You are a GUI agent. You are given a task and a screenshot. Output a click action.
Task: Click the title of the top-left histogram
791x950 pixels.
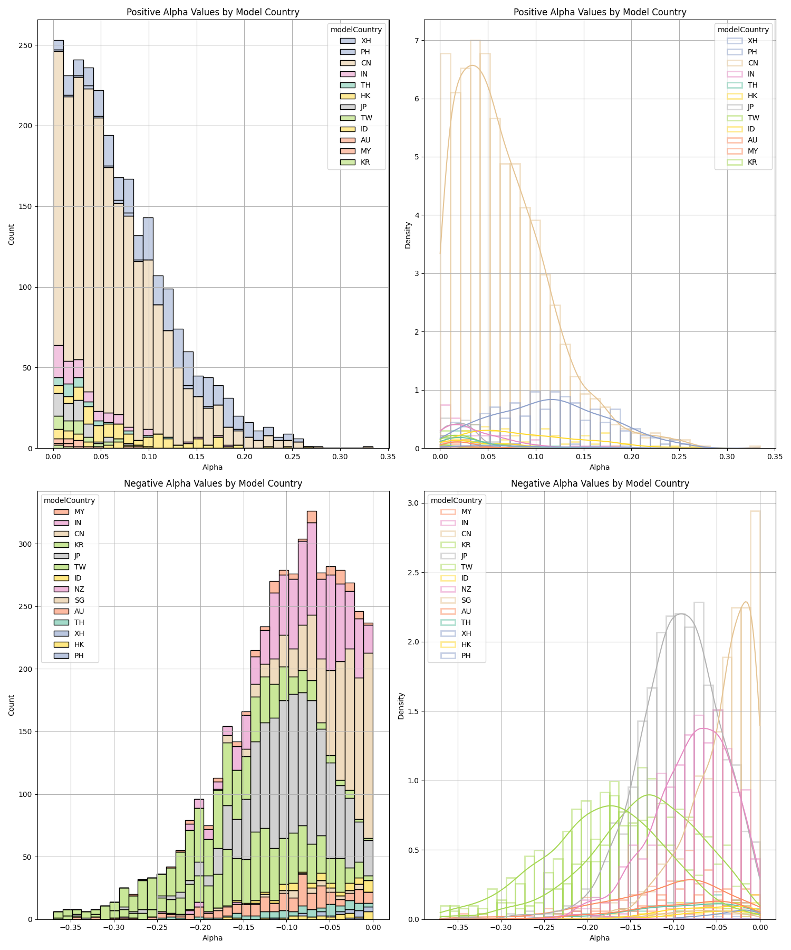coord(213,12)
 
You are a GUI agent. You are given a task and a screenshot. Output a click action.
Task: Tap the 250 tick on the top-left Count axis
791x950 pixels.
coord(26,45)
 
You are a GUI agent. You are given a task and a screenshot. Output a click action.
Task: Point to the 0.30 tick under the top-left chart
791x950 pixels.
coord(340,457)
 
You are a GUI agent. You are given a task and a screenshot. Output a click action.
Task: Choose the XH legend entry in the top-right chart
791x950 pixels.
coord(752,41)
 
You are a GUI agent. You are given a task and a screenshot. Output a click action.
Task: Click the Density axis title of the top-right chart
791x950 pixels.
coord(408,235)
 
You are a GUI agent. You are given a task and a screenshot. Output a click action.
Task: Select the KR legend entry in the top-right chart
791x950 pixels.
coord(752,162)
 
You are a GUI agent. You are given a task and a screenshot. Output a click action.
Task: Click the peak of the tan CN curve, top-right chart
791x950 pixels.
coord(472,65)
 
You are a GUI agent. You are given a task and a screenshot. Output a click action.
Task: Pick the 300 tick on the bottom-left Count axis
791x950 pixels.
coord(26,544)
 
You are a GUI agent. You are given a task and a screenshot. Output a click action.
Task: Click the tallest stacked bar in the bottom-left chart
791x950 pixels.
coord(312,712)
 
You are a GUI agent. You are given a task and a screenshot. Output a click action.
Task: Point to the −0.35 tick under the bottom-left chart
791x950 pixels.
coord(71,928)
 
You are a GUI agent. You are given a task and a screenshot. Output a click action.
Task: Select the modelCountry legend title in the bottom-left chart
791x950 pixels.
coord(69,500)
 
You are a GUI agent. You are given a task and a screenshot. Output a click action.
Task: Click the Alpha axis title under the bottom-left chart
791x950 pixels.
coord(213,938)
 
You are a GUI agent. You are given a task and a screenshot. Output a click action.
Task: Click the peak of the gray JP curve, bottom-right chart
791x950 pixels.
coord(680,613)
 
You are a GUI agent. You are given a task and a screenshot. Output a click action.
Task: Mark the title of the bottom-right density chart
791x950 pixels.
coord(600,483)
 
